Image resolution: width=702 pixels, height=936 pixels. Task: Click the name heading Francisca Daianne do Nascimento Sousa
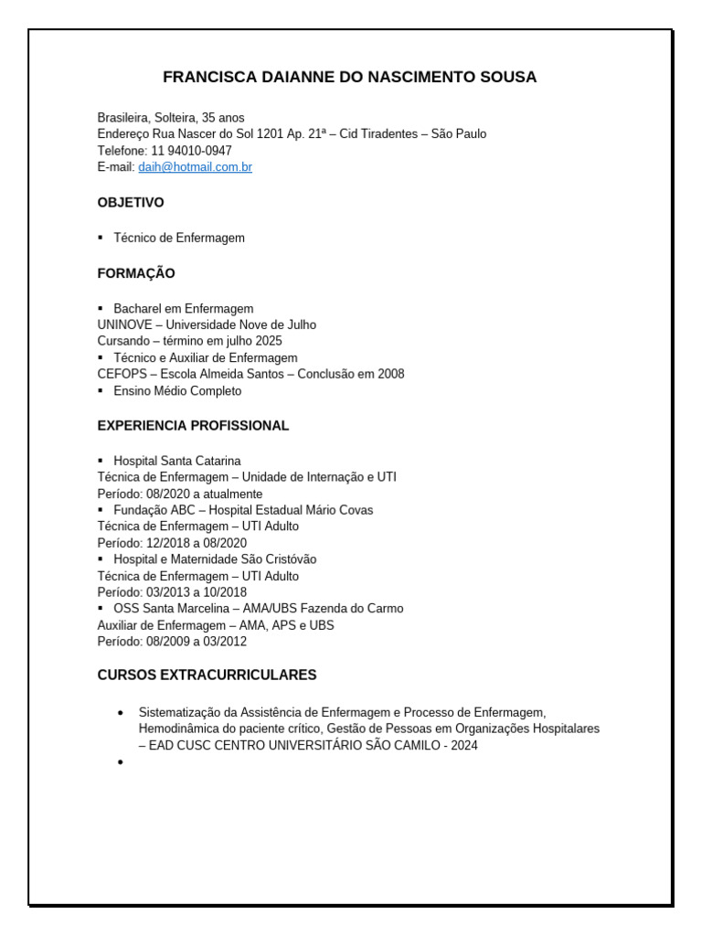click(349, 78)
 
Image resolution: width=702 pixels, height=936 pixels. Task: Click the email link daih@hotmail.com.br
click(195, 167)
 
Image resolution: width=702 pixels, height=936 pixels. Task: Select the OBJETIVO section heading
click(131, 202)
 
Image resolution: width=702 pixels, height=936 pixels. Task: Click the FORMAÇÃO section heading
click(136, 273)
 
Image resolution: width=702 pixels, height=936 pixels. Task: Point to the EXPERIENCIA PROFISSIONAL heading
click(193, 425)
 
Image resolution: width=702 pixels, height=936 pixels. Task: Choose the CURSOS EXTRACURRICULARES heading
click(207, 675)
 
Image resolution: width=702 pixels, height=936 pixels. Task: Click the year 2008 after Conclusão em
click(390, 374)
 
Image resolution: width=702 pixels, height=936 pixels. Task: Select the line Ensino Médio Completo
click(177, 391)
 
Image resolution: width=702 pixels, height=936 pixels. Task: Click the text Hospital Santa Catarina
click(177, 461)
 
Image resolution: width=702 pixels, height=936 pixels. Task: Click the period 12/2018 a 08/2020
click(197, 543)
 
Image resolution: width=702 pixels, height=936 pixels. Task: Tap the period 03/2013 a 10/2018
click(197, 592)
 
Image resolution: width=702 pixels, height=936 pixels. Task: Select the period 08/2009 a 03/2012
click(197, 642)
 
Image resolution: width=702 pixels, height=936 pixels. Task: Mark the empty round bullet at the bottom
click(121, 762)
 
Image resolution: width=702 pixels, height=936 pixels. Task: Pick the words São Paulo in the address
click(459, 134)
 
